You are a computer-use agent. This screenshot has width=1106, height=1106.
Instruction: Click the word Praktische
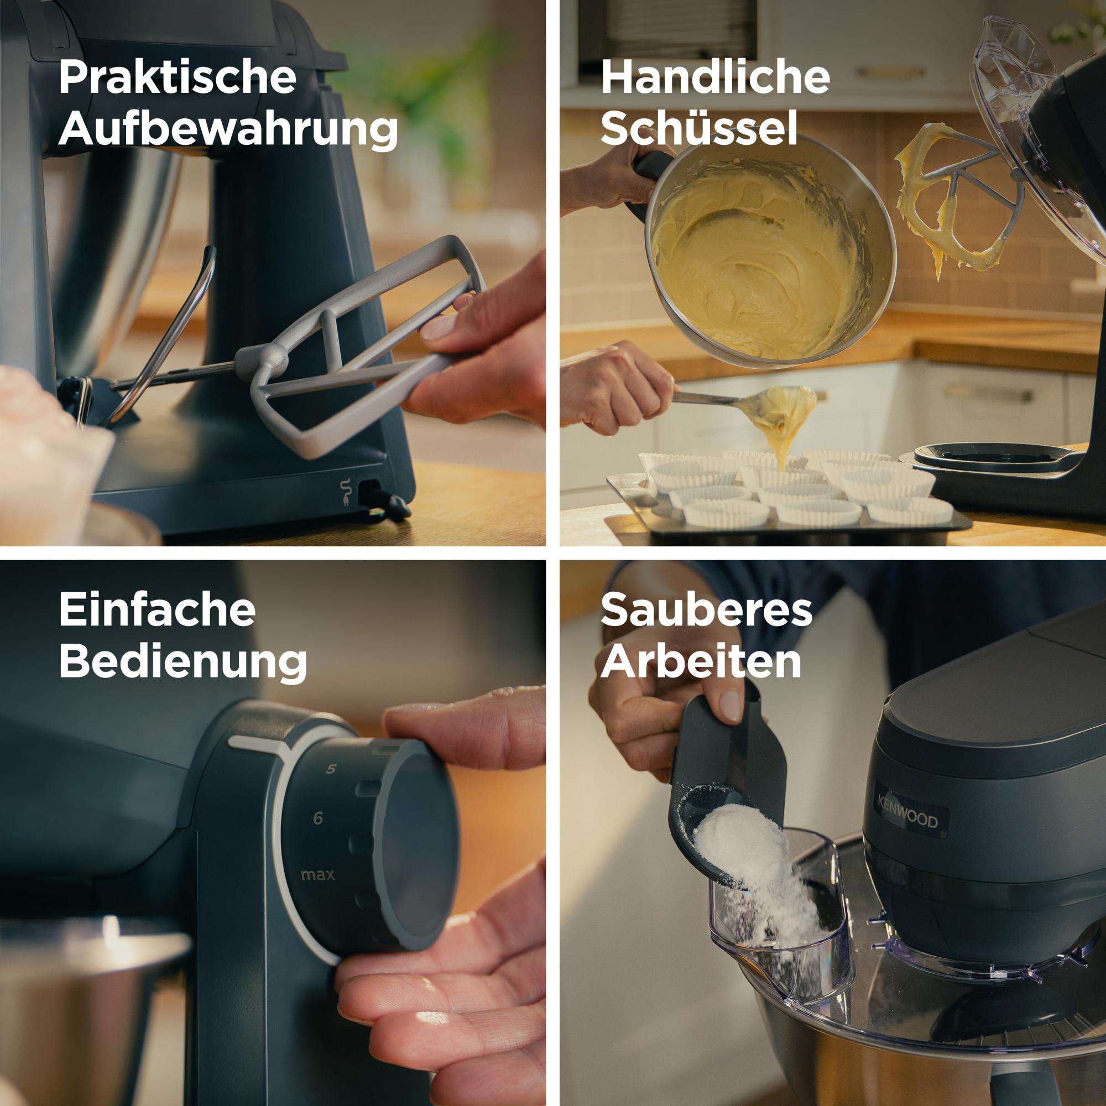coord(177,79)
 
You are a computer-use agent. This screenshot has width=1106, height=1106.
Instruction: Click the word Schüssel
coord(699,128)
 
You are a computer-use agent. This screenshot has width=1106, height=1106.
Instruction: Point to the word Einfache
coord(157,611)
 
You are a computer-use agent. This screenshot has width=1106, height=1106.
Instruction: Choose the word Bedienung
coord(182,662)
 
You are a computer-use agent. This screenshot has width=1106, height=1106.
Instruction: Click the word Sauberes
coord(706,611)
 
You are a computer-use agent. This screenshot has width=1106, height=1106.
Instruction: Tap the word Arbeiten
coord(701,662)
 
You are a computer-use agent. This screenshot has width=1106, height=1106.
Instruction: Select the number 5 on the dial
coord(331,769)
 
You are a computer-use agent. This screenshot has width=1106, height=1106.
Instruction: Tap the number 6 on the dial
coord(319,818)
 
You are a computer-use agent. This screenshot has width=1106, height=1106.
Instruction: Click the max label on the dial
coord(318,875)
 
